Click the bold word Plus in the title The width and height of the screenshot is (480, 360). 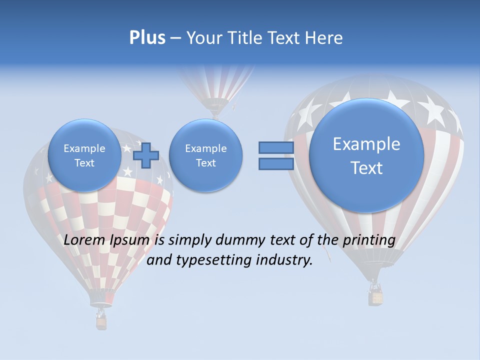tap(147, 38)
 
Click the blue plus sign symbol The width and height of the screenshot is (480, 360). tap(146, 155)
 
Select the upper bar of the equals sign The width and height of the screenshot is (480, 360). tap(275, 147)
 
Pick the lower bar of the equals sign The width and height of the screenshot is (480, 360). tap(275, 164)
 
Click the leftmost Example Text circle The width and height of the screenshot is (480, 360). tap(84, 155)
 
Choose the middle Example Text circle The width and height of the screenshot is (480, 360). tap(205, 155)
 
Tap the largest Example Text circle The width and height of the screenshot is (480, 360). tap(366, 155)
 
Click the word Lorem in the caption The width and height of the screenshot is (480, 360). tap(85, 240)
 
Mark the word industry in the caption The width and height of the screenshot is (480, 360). tap(284, 260)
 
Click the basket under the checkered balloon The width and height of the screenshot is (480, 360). tap(101, 322)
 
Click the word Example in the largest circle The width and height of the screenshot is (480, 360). tap(366, 144)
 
